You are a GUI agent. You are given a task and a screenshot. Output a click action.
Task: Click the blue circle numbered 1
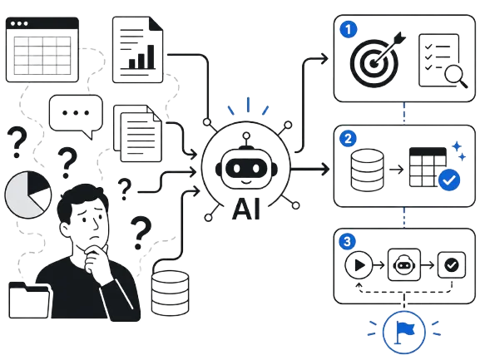click(x=349, y=30)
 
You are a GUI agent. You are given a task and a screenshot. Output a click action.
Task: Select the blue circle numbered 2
click(x=348, y=139)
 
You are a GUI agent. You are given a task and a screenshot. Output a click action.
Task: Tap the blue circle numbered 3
click(x=347, y=242)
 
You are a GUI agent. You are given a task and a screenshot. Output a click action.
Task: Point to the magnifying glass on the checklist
click(x=456, y=76)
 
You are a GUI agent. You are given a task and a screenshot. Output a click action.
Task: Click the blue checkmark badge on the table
click(x=449, y=180)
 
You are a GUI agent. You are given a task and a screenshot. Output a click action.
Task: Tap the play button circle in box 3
click(x=359, y=265)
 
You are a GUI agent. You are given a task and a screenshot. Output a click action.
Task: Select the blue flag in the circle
click(x=404, y=331)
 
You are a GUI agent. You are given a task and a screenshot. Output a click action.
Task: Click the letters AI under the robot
click(x=246, y=209)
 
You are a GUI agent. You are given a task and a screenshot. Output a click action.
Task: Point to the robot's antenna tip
click(x=246, y=136)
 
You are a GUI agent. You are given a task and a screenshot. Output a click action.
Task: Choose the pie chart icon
click(x=27, y=195)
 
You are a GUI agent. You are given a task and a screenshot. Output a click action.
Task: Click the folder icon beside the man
click(x=29, y=300)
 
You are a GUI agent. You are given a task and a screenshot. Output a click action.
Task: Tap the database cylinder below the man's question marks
click(x=171, y=293)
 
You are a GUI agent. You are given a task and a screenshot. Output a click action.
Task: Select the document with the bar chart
click(x=138, y=50)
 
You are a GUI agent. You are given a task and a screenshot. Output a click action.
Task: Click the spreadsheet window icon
click(x=42, y=50)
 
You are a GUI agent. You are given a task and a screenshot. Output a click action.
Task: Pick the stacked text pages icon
click(x=137, y=133)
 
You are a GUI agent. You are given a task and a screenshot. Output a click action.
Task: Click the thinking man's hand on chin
click(x=96, y=258)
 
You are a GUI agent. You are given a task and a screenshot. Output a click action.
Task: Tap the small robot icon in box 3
click(x=404, y=265)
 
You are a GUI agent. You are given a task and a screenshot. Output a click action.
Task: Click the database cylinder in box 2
click(x=368, y=170)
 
